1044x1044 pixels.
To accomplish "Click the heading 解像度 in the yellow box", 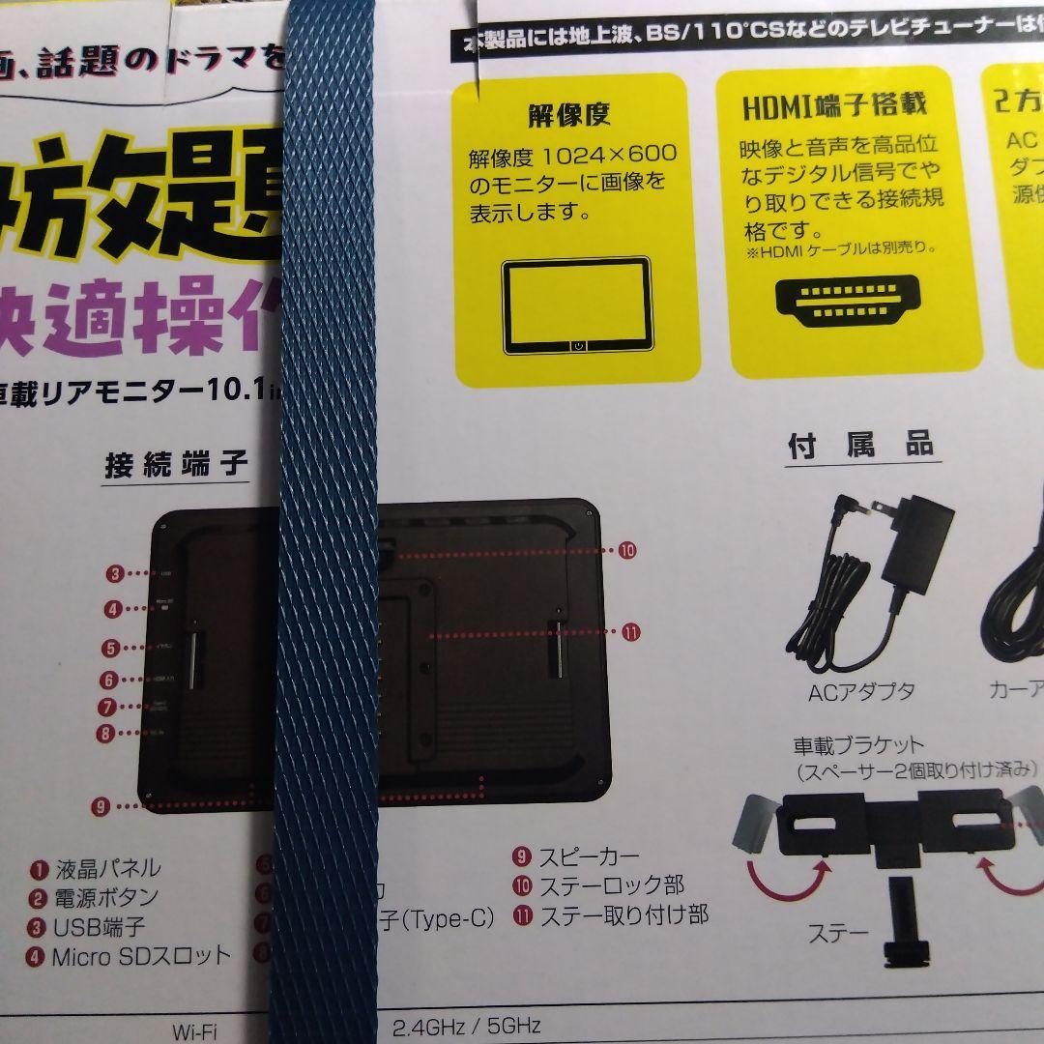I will (568, 116).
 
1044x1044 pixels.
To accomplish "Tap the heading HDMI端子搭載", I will (834, 105).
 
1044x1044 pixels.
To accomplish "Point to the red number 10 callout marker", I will (627, 551).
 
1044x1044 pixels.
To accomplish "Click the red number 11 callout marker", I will (630, 632).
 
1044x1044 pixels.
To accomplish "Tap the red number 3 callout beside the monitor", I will (115, 574).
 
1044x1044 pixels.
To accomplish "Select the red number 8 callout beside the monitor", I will (106, 733).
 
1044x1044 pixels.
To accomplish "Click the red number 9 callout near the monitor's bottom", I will (101, 805).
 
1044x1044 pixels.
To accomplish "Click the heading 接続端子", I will (176, 466).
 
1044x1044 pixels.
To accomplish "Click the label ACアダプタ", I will (861, 691).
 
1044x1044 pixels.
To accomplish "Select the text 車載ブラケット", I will (845, 745).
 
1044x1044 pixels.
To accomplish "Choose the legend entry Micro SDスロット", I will (141, 957).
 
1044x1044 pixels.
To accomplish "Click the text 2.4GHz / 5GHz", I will (466, 1025).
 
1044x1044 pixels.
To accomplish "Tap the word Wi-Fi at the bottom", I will (194, 1030).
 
